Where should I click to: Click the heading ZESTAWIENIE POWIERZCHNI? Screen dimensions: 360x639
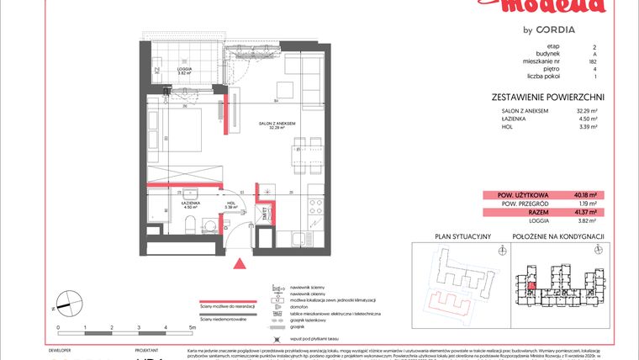[x=547, y=97]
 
